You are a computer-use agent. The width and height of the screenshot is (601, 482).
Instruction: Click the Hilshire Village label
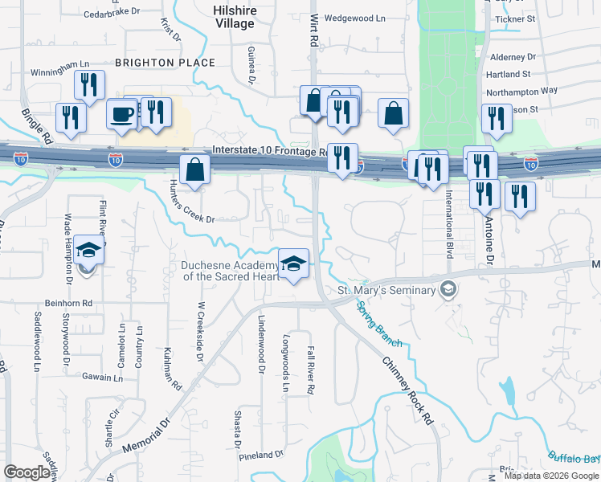tap(234, 17)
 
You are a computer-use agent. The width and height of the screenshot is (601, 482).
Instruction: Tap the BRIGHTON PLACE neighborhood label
tap(165, 62)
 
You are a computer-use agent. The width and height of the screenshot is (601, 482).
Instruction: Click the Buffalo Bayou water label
tap(575, 458)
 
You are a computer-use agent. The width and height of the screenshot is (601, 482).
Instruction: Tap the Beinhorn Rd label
tap(71, 302)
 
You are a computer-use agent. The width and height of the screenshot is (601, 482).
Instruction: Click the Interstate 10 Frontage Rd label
tap(269, 150)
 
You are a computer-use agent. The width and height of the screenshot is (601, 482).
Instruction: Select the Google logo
tap(27, 472)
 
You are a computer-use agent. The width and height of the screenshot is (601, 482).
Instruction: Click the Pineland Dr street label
tap(261, 454)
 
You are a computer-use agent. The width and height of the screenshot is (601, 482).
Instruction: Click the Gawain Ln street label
tap(100, 375)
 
